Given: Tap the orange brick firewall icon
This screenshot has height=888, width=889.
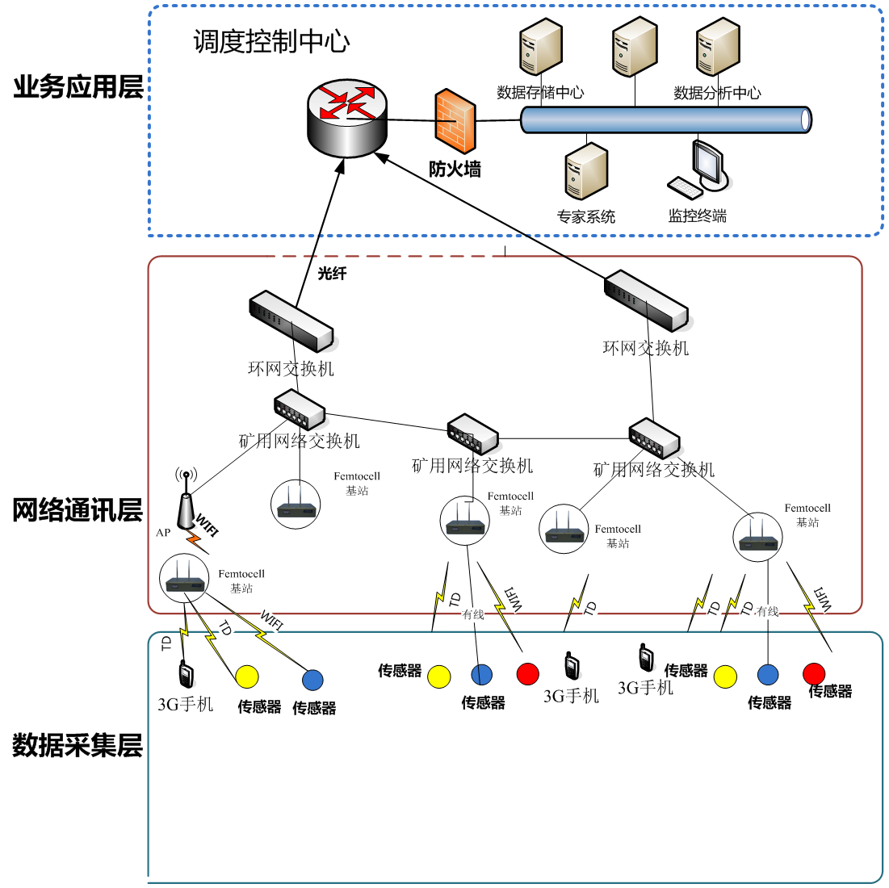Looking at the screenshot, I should (x=455, y=121).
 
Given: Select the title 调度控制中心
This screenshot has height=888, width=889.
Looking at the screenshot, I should (x=271, y=41).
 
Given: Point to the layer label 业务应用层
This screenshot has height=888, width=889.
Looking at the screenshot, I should (x=78, y=86).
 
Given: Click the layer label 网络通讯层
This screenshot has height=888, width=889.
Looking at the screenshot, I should (x=78, y=510).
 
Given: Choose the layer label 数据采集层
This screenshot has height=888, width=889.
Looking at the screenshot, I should (x=78, y=745).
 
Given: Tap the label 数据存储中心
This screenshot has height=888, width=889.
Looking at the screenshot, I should (x=540, y=93).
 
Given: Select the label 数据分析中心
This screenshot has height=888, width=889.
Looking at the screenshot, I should (x=717, y=93).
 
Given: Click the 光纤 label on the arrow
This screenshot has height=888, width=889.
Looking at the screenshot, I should (x=332, y=274).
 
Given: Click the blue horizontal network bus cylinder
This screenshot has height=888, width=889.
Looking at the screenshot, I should (x=666, y=119).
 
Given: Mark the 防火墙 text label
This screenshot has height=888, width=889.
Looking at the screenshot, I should (x=455, y=169).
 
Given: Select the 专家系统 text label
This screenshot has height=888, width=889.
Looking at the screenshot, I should (x=586, y=217).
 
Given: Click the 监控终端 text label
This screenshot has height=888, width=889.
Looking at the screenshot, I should (x=697, y=216).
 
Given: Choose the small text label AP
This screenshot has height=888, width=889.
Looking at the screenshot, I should (x=163, y=533).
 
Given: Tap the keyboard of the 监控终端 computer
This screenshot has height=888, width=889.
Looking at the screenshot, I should (x=685, y=188).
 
